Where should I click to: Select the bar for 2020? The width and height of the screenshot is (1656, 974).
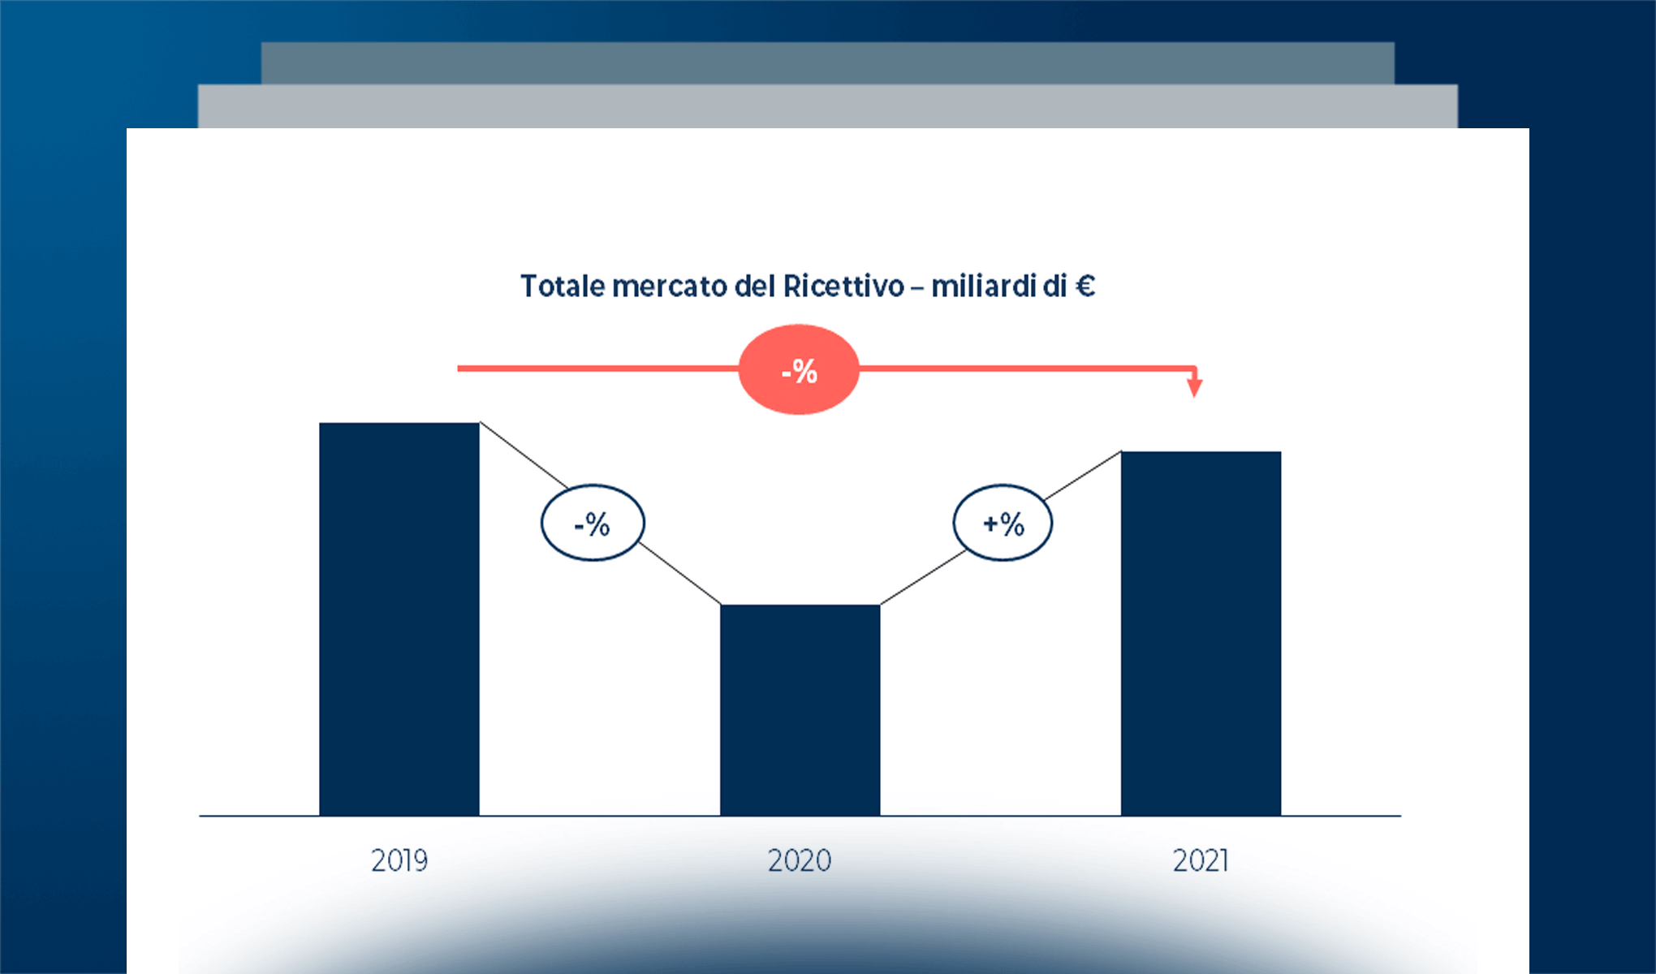pos(800,709)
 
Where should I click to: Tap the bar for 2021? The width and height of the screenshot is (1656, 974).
pos(1201,633)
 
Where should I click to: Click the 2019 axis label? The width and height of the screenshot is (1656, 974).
pos(399,860)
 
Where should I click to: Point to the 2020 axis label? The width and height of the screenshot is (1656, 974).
pos(800,860)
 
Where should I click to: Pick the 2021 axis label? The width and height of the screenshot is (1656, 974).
pos(1201,860)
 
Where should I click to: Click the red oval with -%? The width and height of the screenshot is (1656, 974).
pos(799,370)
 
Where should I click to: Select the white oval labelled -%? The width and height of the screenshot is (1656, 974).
pos(593,524)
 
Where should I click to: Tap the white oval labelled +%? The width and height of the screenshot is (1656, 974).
pos(1003,524)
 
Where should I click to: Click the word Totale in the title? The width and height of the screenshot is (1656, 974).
pos(563,287)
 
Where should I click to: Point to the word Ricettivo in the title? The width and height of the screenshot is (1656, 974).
pos(843,287)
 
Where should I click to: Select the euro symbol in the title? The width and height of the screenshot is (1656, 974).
pos(1085,287)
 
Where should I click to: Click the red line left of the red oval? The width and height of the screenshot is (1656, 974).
pos(597,368)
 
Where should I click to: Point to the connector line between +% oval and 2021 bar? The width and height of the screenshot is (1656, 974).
pos(1084,475)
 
